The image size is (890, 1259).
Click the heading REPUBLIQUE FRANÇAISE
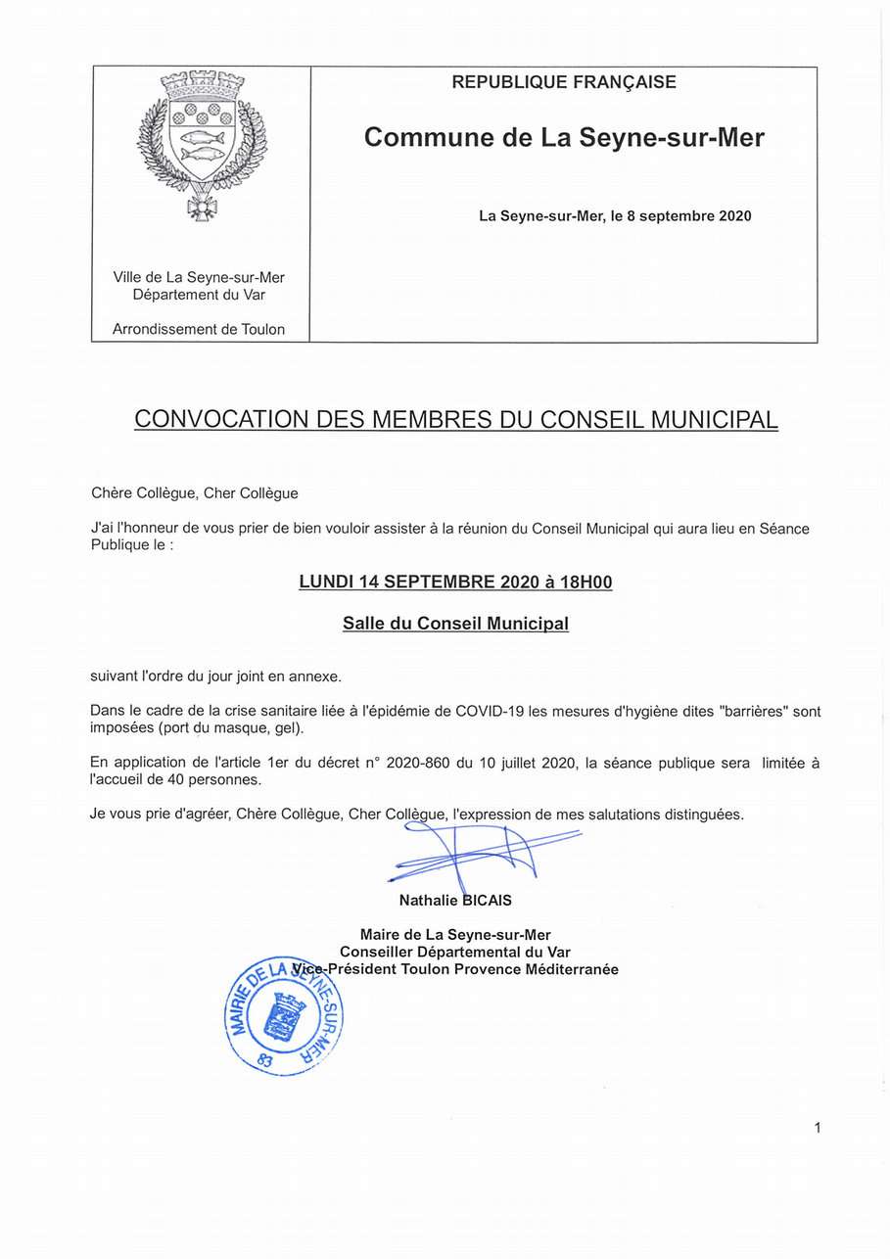coord(563,83)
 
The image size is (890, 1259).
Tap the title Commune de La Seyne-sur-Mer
coord(564,138)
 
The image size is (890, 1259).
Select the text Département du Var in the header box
coord(199,295)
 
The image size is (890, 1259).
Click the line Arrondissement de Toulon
coord(199,330)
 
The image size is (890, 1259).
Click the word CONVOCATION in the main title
coord(221,420)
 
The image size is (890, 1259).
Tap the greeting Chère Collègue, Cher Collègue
coord(194,493)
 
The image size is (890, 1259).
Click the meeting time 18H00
coord(586,583)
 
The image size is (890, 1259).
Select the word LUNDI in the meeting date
coord(325,583)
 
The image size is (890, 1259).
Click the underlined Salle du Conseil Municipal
coord(455,624)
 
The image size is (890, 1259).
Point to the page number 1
coord(817,1128)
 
